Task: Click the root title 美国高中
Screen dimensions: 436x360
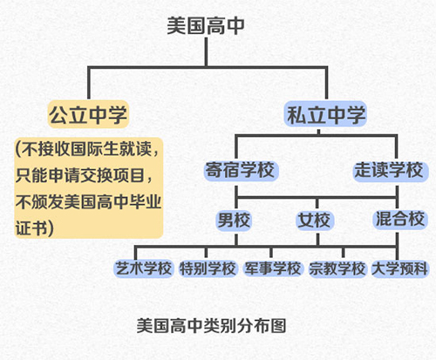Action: (206, 26)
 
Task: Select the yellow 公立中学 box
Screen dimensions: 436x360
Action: (88, 114)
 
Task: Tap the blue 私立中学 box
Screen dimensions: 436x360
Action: (325, 114)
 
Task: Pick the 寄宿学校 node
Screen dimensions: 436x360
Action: (241, 170)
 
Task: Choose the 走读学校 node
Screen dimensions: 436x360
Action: (391, 170)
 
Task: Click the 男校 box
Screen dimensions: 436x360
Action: (234, 220)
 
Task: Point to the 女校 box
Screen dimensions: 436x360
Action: (315, 220)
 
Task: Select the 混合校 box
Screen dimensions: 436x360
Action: (400, 219)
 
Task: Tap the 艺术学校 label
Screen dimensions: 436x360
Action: (144, 268)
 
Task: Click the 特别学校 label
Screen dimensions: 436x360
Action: (208, 268)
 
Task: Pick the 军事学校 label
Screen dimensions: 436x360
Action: (273, 268)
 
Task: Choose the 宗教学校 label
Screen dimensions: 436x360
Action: (337, 268)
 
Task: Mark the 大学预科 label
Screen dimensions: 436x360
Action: (400, 268)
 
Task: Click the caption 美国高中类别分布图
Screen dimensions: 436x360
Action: (212, 326)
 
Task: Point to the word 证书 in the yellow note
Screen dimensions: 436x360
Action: (31, 228)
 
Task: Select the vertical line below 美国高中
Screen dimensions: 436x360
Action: (206, 52)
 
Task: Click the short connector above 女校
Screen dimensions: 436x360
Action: (317, 204)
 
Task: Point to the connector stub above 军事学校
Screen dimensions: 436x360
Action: (271, 253)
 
